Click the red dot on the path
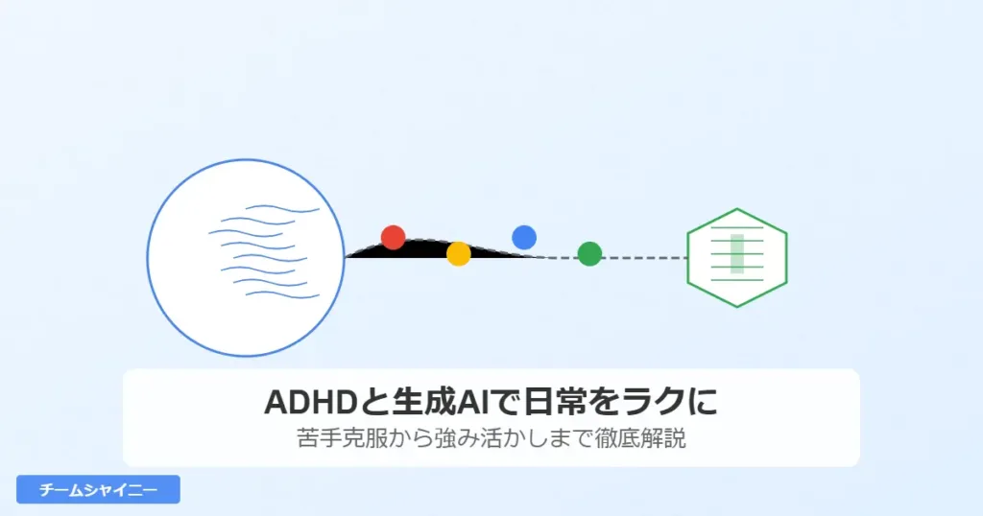393,237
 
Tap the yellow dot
459,253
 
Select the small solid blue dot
524,237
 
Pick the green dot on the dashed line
589,254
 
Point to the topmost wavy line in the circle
283,208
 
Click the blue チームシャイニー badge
98,489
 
